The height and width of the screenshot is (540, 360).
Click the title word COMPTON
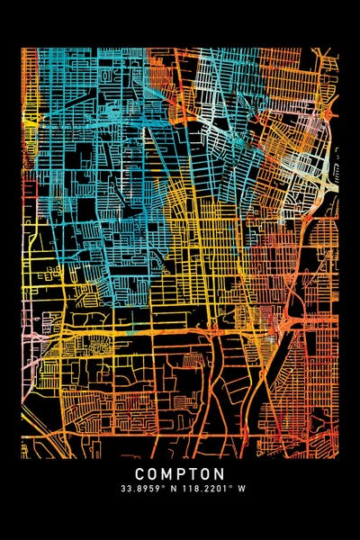click(180, 473)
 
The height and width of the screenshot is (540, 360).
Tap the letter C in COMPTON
click(141, 473)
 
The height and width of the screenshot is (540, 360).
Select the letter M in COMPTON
click(167, 473)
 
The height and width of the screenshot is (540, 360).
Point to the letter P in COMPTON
click(181, 473)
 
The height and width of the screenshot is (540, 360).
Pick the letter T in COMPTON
click(193, 473)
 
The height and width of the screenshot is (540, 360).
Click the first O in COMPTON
click(154, 473)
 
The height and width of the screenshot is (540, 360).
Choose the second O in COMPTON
click(205, 473)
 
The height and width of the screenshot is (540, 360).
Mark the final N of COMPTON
click(219, 473)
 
